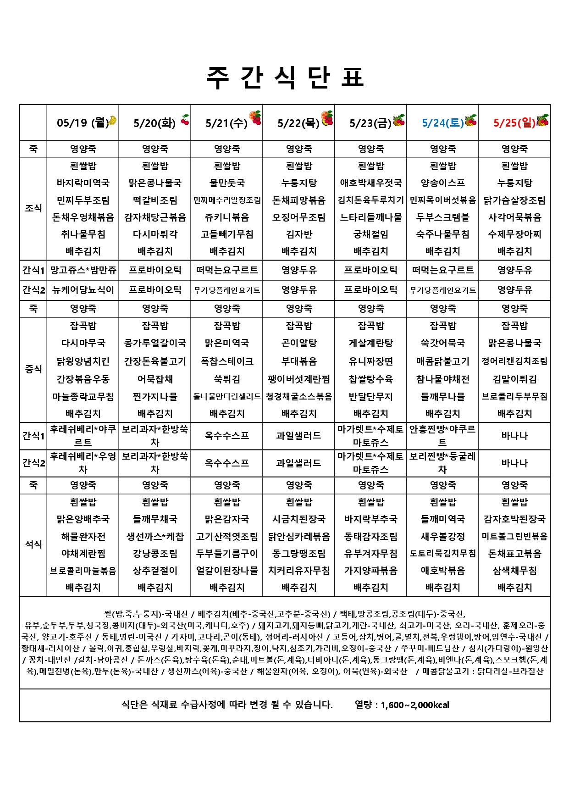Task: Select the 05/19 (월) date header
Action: coord(82,123)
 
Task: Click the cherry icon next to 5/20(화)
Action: coord(185,120)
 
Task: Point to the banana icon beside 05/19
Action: coord(111,121)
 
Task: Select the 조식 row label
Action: coord(33,208)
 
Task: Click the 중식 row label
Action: coord(33,369)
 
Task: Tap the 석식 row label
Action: coord(33,544)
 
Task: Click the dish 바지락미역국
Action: coord(83,183)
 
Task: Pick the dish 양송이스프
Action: coord(442,183)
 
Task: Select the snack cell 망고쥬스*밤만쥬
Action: coord(83,270)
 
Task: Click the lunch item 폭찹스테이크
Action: coord(227,361)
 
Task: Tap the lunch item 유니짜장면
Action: coord(370,361)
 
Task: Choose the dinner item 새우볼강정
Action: coord(442,537)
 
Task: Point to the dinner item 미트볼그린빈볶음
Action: coord(514,537)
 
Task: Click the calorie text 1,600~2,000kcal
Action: coord(414,705)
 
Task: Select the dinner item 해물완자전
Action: coord(83,537)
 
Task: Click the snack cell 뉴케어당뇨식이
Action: coord(83,290)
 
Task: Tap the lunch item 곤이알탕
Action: coord(299,343)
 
